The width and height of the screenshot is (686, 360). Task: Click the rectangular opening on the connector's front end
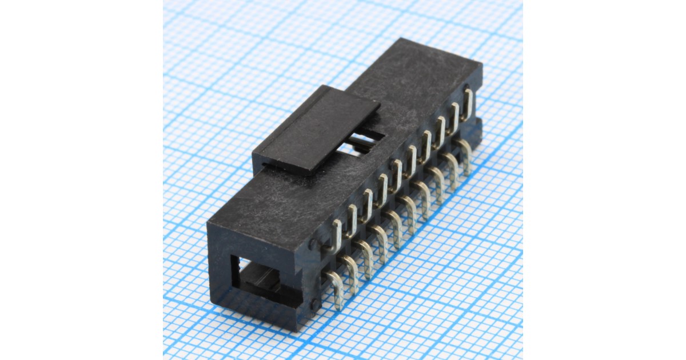point(260,280)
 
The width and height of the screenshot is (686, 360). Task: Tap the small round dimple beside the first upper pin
point(312,244)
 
